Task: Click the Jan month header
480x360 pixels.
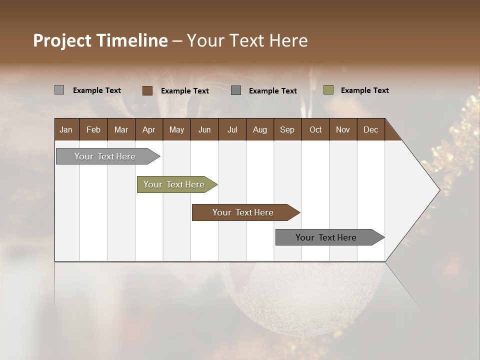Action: coord(66,129)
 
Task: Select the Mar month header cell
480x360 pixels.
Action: coord(121,129)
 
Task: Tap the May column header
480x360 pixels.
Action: coord(176,129)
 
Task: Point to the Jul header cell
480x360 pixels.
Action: coord(232,129)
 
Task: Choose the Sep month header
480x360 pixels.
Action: coord(287,129)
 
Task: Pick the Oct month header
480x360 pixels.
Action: coord(315,129)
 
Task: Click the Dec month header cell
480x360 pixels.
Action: coord(370,129)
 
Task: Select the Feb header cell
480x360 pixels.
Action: coord(93,129)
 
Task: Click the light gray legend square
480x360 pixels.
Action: coord(59,90)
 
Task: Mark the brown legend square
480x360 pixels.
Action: coord(147,90)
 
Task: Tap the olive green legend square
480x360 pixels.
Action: coord(328,90)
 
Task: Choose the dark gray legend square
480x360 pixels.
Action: coord(236,90)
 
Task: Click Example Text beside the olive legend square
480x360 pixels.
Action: coord(364,90)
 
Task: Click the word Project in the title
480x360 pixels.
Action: coord(63,40)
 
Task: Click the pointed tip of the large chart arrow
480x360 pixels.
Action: coord(438,190)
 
